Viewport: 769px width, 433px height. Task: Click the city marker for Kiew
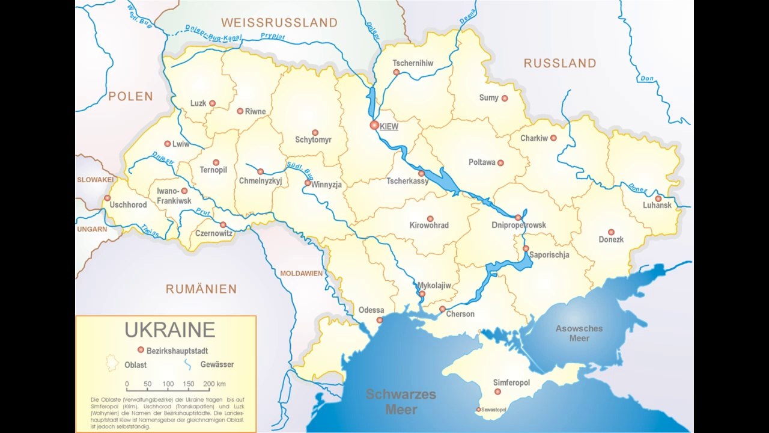[x=374, y=125]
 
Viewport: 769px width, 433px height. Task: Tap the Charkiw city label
[x=534, y=138]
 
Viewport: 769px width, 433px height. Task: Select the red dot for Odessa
[x=379, y=320]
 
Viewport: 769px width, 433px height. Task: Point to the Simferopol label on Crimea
[x=511, y=382]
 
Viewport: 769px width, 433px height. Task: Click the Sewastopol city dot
[x=478, y=410]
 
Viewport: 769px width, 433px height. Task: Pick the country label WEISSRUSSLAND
[x=279, y=23]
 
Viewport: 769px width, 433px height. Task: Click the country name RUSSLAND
[x=560, y=63]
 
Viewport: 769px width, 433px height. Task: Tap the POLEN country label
[x=131, y=96]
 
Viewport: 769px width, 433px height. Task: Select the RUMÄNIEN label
[x=201, y=289]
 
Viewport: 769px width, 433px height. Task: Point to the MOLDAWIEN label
[x=301, y=274]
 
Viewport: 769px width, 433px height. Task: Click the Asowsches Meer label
[x=579, y=333]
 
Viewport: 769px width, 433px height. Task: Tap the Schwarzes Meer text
[x=401, y=402]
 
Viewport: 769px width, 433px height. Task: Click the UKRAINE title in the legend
[x=169, y=330]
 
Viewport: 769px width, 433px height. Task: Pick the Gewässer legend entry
[x=217, y=364]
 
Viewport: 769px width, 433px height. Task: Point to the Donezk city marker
[x=611, y=232]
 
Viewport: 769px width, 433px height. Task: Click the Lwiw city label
[x=180, y=144]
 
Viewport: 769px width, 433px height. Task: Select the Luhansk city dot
[x=658, y=198]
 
